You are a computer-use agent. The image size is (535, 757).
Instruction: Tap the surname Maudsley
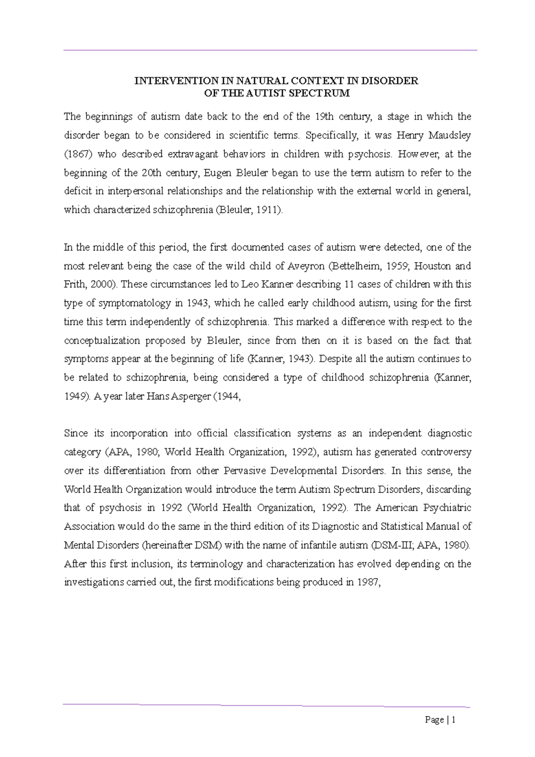(x=449, y=136)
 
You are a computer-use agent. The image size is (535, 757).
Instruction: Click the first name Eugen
(x=217, y=173)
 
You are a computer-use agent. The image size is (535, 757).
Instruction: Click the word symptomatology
(x=135, y=303)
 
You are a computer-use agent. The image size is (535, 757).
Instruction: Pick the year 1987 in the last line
(x=368, y=582)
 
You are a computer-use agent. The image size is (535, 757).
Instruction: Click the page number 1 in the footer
(x=453, y=720)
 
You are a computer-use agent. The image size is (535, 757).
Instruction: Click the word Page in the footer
(x=434, y=720)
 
